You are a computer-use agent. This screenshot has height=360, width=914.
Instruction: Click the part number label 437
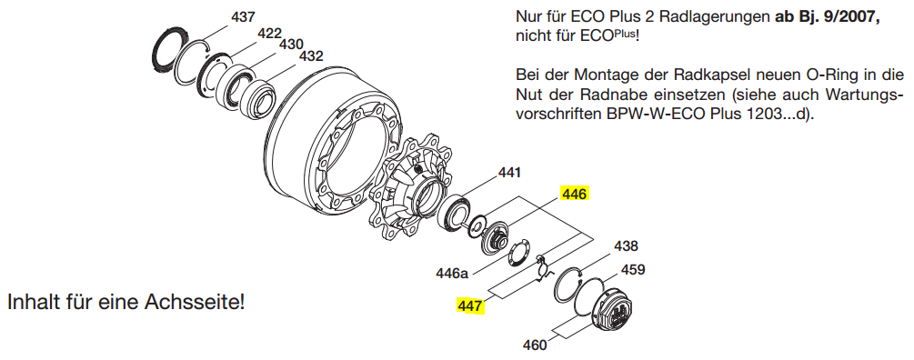click(x=243, y=17)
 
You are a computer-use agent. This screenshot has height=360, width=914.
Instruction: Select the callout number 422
click(x=269, y=34)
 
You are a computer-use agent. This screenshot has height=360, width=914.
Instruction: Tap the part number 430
click(x=291, y=45)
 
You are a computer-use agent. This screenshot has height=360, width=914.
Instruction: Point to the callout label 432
click(x=311, y=56)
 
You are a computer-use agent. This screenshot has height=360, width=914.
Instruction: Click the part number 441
click(x=509, y=173)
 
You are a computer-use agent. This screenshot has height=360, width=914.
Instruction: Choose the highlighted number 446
click(x=575, y=194)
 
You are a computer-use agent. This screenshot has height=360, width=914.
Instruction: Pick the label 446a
click(x=452, y=274)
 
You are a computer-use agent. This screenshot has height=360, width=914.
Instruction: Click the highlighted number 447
click(x=470, y=305)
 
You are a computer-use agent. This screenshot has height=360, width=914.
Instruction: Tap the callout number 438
click(x=626, y=246)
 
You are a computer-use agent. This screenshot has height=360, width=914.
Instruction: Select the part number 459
click(x=632, y=270)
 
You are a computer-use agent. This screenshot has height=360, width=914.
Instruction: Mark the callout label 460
click(x=535, y=345)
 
